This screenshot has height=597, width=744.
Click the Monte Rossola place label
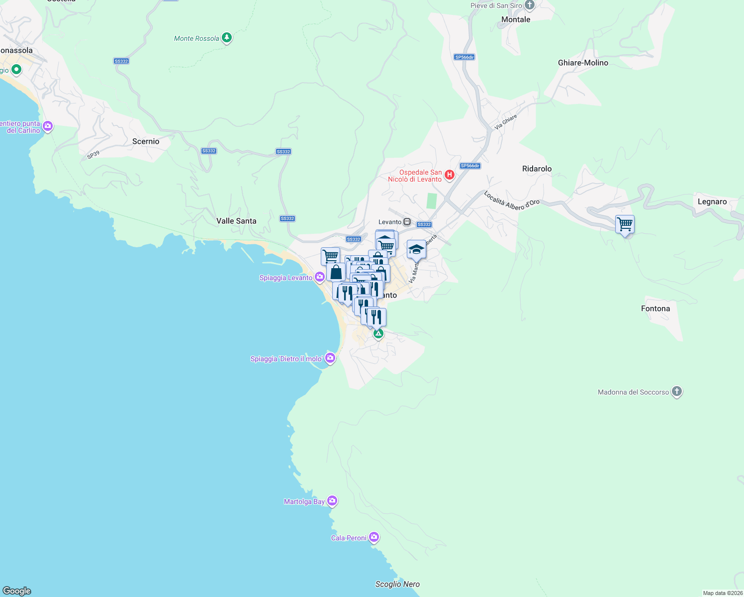point(196,38)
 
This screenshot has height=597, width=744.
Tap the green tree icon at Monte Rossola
point(227,38)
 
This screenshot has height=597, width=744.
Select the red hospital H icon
point(449,175)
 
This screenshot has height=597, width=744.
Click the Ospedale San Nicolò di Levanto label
point(415,176)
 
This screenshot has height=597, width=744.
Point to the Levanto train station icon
point(407,222)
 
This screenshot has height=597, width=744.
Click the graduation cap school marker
point(416,250)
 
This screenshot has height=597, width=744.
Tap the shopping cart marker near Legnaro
point(625,224)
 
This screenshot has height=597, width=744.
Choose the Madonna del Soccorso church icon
point(676,392)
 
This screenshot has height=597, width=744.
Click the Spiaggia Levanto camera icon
point(320,277)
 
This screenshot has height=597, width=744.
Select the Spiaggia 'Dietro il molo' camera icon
point(330,358)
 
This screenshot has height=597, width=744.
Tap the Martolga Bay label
point(304,501)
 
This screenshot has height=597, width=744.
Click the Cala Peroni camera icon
point(374,537)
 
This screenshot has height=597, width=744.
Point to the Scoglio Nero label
point(397,584)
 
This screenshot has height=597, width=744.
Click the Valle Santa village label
point(236,221)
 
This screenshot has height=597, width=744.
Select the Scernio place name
point(146,141)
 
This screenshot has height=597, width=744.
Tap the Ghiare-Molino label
point(583,63)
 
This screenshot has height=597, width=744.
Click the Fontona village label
point(655,308)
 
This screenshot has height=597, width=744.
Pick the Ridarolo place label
point(537,169)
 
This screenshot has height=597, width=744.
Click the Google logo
point(17,591)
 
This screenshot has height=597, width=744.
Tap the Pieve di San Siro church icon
point(530,5)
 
